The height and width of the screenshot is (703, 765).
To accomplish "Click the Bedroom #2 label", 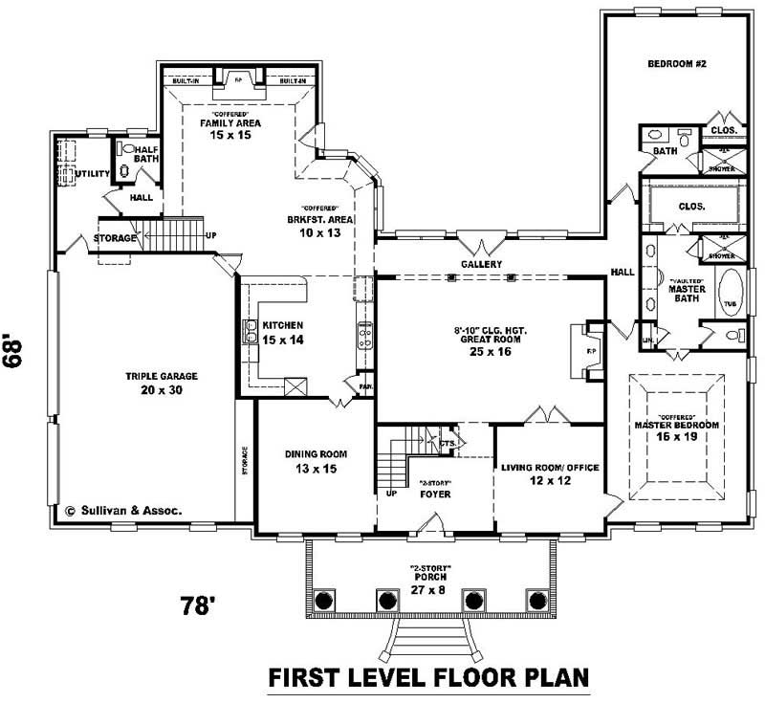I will click(x=676, y=64).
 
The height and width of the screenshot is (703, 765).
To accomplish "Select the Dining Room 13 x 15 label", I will click(x=316, y=461).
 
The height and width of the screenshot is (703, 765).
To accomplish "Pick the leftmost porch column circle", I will click(x=324, y=600).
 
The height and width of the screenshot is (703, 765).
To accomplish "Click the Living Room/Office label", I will click(x=550, y=473).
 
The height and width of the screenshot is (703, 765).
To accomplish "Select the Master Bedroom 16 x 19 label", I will click(x=676, y=429).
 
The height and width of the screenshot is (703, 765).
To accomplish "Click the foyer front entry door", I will click(x=433, y=524).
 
